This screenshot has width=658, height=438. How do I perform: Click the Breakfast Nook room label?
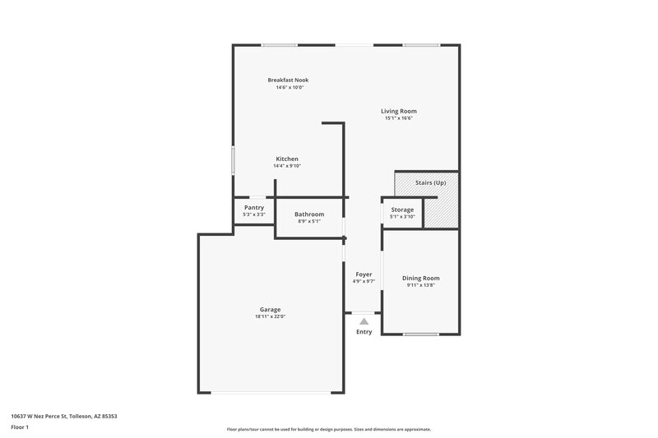point(288,80)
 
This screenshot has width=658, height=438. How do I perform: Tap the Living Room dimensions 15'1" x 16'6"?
point(398,118)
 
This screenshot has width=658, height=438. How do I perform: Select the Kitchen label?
point(287,159)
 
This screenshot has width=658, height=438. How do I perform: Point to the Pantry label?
point(254,208)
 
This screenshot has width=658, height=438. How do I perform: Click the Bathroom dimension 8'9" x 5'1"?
point(309,221)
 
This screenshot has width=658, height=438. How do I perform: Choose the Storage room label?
point(402,210)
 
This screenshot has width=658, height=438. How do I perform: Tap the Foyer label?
point(364,274)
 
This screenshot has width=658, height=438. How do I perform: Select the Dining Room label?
point(421,278)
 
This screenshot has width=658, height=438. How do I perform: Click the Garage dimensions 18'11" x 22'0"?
point(271,316)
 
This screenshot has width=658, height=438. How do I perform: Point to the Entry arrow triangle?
point(364,321)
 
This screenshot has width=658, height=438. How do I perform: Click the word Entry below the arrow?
point(364,332)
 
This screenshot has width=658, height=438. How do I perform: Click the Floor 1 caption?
point(20,428)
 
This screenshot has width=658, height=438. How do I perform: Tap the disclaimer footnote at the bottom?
point(329,429)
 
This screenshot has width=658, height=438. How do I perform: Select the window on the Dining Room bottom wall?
point(420,334)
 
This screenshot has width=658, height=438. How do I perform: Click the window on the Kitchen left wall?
point(234,159)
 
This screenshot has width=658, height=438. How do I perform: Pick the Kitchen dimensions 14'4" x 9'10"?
point(287,166)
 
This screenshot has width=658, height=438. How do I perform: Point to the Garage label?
point(271,309)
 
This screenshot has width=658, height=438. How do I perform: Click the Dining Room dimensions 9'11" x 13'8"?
point(421,285)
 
